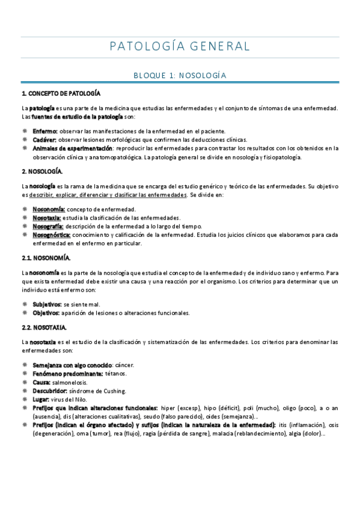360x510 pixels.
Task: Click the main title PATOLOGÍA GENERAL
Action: click(x=180, y=46)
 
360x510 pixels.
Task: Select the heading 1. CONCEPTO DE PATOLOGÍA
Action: click(x=61, y=94)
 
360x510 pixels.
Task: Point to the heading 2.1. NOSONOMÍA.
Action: click(x=46, y=258)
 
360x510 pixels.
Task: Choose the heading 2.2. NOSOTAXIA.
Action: click(x=45, y=327)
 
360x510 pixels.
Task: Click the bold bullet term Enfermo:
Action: click(x=45, y=131)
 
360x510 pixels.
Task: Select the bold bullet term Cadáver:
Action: click(x=45, y=139)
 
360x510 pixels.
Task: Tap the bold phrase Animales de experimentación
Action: click(x=72, y=147)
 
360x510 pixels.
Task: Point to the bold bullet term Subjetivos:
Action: click(x=47, y=304)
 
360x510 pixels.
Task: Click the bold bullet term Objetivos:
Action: click(x=46, y=313)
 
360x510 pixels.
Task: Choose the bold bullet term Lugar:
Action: click(x=41, y=399)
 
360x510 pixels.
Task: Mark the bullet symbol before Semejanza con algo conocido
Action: click(x=24, y=365)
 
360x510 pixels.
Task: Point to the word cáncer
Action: click(x=124, y=365)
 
